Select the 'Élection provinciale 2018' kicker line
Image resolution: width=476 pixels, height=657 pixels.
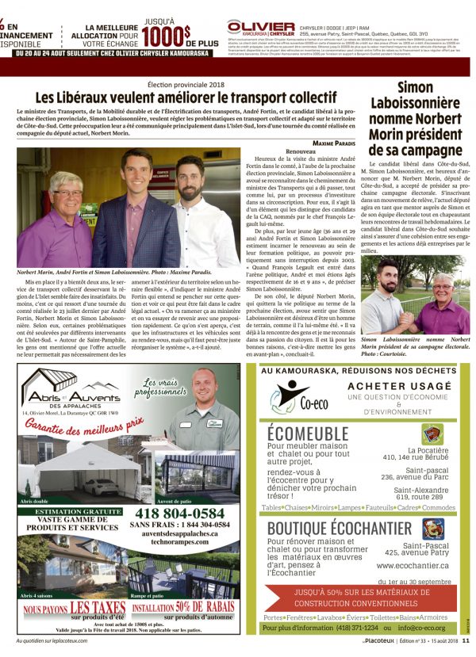(192, 83)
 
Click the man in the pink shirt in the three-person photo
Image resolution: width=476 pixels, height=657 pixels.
(53, 226)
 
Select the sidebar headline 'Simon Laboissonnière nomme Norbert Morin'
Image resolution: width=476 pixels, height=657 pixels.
(415, 117)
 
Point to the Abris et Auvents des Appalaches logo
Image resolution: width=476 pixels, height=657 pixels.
(71, 388)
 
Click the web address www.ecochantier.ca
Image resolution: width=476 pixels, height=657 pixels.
(413, 566)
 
